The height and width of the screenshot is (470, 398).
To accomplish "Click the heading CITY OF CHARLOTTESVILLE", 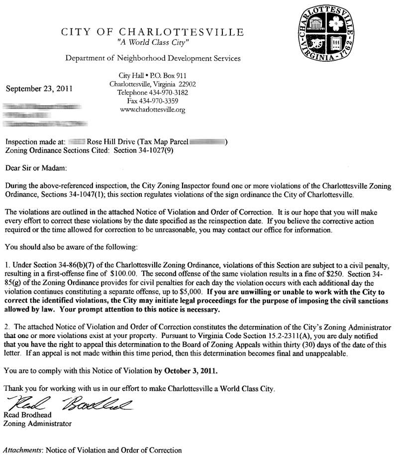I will [152, 33].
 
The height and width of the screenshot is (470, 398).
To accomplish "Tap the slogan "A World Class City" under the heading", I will [152, 43].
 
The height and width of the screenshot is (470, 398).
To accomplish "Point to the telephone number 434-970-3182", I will [167, 93].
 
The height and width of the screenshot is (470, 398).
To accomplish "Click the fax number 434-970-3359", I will [160, 101].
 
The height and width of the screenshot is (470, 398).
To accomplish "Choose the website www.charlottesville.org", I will [153, 110].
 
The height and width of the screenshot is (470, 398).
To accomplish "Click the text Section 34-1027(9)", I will [144, 149].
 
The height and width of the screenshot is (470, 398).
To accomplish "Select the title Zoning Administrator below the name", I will [37, 424].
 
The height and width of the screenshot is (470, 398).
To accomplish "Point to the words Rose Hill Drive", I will [111, 141].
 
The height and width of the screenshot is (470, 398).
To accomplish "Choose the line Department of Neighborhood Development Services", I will [153, 59].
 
